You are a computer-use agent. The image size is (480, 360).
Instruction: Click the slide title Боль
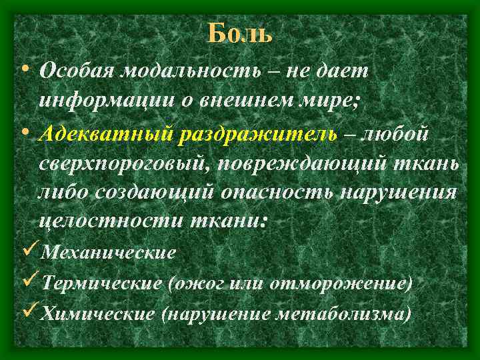click(240, 32)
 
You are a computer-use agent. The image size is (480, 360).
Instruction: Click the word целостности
click(103, 222)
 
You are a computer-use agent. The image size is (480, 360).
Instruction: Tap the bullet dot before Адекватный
click(25, 133)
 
